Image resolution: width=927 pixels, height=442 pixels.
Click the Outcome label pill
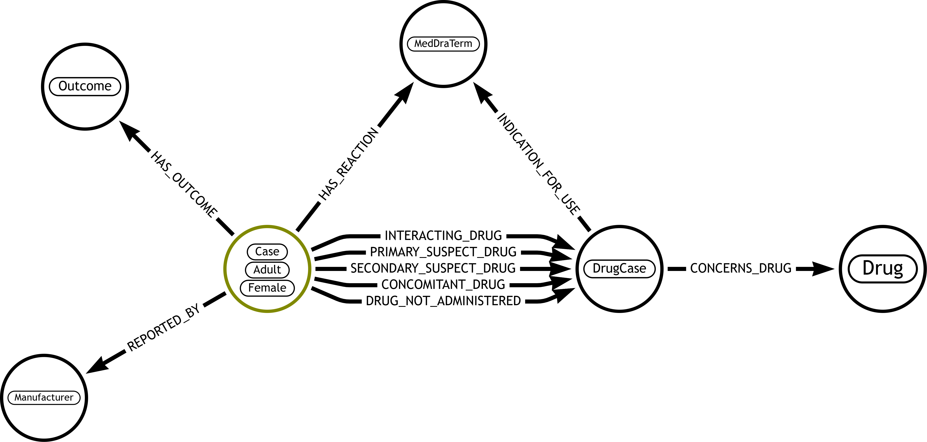[x=85, y=86]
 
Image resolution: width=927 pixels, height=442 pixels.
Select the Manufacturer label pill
[x=44, y=397]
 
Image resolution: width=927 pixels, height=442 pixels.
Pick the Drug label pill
[x=883, y=269]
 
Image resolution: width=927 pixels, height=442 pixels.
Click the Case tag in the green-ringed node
[x=267, y=251]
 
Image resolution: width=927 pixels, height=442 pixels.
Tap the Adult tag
[x=267, y=269]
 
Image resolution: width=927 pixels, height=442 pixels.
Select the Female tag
[x=267, y=288]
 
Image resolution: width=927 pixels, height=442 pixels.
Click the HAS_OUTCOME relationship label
[x=184, y=185]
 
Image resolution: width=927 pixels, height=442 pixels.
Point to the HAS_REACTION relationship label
[x=349, y=164]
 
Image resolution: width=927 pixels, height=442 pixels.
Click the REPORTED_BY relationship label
[x=164, y=328]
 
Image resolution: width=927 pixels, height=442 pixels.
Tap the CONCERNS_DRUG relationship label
[x=741, y=268]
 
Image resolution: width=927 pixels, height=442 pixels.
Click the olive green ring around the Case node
[x=225, y=269]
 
